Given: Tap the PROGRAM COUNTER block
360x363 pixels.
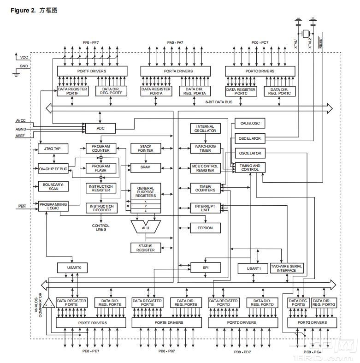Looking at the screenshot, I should pyautogui.click(x=101, y=149).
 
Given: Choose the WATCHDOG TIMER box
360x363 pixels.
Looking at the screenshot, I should pyautogui.click(x=205, y=149).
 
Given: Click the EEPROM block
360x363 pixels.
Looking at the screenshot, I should pyautogui.click(x=205, y=227).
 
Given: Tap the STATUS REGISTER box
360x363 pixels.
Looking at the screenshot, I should pyautogui.click(x=146, y=248).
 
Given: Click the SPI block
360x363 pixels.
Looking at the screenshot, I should pyautogui.click(x=205, y=268).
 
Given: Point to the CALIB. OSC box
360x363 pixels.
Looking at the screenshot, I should pyautogui.click(x=249, y=124).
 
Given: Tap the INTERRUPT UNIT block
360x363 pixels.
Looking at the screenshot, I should pyautogui.click(x=205, y=208).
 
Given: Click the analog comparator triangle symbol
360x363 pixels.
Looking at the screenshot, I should pyautogui.click(x=48, y=304).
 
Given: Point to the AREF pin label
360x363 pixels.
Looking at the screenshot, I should pyautogui.click(x=21, y=137).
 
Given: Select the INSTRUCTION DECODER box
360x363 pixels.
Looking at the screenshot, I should pyautogui.click(x=101, y=208).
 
